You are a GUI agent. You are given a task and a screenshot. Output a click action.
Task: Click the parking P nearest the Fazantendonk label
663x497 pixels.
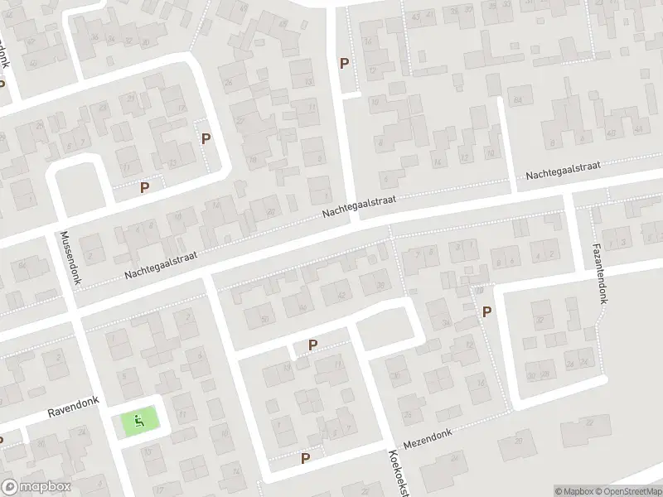[x=486, y=311]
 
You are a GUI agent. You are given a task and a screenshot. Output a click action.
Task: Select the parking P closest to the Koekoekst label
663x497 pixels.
[x=305, y=457]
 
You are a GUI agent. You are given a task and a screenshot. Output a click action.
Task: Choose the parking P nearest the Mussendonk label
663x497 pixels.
[x=144, y=188]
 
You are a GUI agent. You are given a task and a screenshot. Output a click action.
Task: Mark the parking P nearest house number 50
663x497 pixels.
[x=312, y=345]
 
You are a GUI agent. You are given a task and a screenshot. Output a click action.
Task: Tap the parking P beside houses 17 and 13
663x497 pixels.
[x=206, y=139]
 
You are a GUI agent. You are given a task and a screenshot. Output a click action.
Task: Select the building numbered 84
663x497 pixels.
[x=520, y=100]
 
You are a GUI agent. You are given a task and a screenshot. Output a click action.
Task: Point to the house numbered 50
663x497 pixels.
[x=265, y=319]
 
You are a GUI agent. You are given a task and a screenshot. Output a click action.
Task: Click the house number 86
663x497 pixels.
[x=22, y=265]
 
